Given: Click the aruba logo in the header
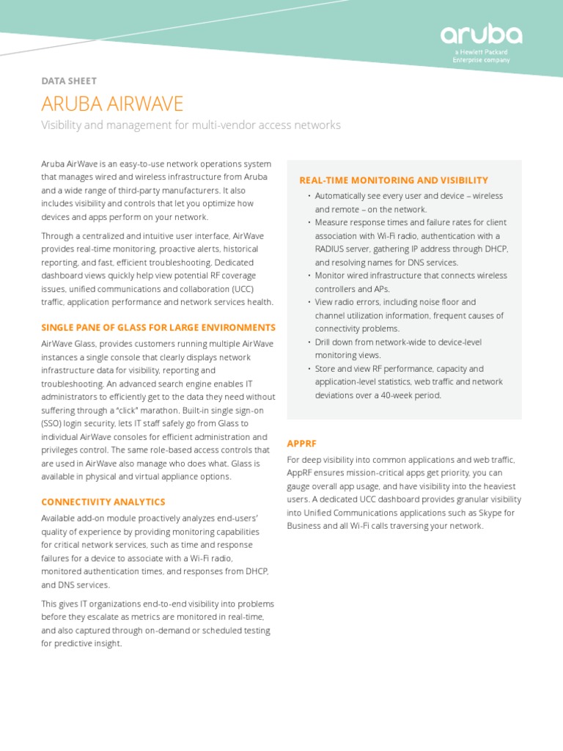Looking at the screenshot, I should [x=481, y=34].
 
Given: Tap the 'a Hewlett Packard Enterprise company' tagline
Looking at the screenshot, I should [x=481, y=56].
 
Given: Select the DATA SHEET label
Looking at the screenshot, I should [x=69, y=81].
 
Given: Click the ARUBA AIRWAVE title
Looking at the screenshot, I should [x=112, y=103].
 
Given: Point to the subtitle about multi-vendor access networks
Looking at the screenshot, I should [x=191, y=125].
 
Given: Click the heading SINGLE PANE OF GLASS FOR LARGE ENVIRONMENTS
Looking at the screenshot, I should [x=158, y=327].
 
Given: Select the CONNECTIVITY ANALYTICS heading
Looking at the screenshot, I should [x=103, y=502].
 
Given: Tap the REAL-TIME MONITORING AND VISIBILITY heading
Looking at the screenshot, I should [x=394, y=180].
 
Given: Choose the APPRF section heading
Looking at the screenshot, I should [x=301, y=443].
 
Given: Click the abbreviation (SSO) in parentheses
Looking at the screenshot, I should [x=53, y=423].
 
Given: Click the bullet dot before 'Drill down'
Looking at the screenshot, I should [x=309, y=342].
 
